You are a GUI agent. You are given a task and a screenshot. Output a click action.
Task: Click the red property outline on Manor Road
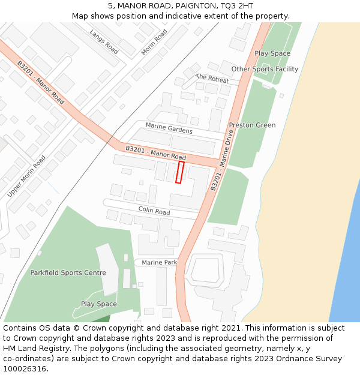[x=179, y=172]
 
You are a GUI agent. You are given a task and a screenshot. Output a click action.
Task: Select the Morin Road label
[x=154, y=43]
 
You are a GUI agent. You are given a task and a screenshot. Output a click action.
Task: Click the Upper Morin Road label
[x=26, y=176]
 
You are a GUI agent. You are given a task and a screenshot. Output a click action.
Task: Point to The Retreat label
[x=212, y=79]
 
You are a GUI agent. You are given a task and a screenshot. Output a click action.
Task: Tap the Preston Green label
[x=252, y=125]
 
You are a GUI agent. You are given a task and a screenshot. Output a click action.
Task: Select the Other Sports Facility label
[x=265, y=69]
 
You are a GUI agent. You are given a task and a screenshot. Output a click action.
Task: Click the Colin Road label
[x=154, y=211]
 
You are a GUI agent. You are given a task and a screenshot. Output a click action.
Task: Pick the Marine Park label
[x=159, y=263]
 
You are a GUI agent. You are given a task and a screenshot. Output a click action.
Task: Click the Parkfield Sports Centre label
[x=68, y=273]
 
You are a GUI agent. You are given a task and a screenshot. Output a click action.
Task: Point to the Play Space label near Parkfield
[x=98, y=304]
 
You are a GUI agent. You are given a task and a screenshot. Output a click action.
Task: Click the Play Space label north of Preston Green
[x=272, y=53]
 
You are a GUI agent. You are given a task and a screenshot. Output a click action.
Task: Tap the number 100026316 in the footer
[x=23, y=368]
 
